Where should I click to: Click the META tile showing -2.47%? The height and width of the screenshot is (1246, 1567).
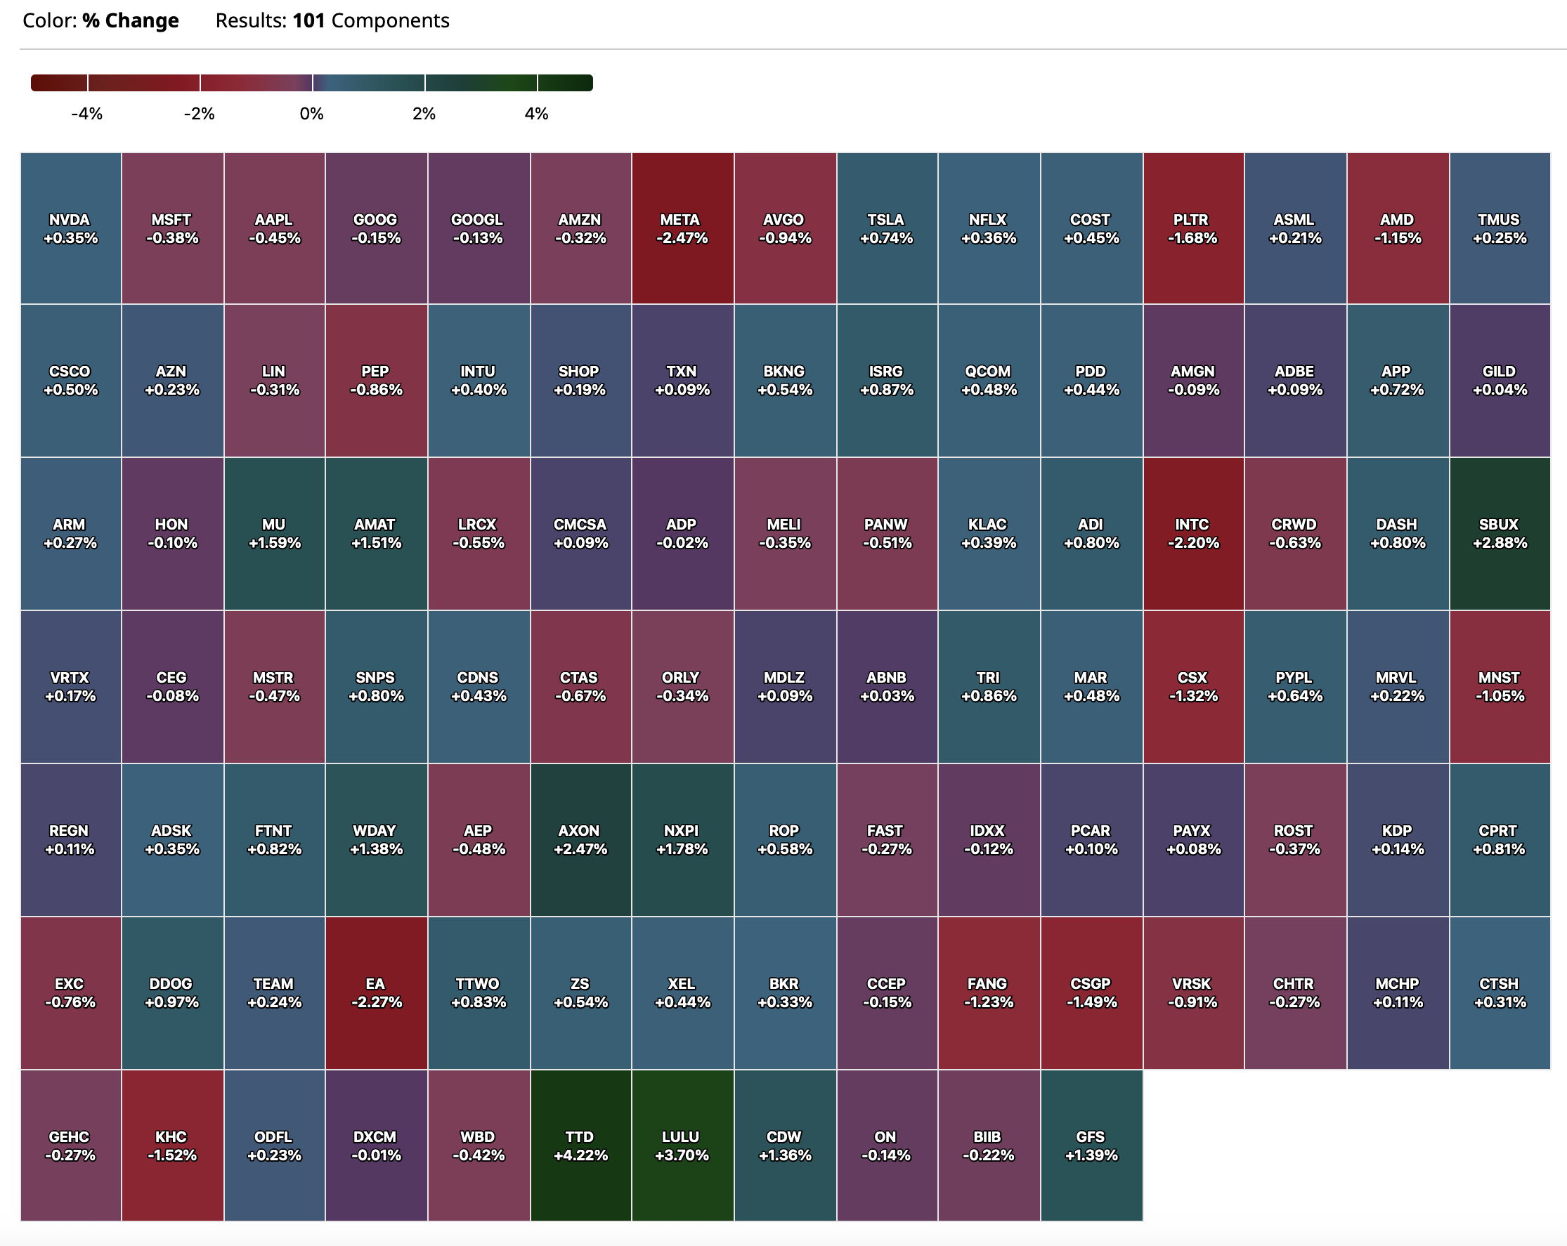(x=682, y=228)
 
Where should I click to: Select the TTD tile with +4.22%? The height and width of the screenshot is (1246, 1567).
(x=580, y=1145)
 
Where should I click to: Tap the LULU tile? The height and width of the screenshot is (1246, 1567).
(x=682, y=1145)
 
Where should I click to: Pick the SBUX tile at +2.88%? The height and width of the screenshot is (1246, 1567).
(x=1500, y=533)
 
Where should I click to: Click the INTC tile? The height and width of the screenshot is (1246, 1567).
(x=1192, y=533)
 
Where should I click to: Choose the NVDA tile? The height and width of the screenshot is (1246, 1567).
(x=70, y=228)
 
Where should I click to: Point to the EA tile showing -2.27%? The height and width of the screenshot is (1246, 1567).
(x=376, y=992)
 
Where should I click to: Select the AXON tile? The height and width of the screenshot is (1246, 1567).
(x=580, y=839)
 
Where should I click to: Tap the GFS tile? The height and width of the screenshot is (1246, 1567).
(x=1091, y=1145)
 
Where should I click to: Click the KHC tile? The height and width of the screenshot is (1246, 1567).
(x=172, y=1145)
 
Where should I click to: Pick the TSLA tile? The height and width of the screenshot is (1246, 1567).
(x=887, y=228)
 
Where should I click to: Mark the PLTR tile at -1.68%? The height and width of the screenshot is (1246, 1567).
(x=1192, y=228)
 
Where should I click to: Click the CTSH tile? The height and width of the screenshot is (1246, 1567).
(x=1500, y=992)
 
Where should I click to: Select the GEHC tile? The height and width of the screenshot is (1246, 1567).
(x=70, y=1145)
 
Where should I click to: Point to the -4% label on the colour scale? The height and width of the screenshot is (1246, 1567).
(x=86, y=114)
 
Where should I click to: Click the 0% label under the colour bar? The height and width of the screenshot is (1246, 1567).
(x=312, y=114)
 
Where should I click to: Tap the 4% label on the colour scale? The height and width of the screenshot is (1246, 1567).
(x=536, y=114)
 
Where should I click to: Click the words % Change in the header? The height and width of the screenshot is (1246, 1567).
(x=130, y=20)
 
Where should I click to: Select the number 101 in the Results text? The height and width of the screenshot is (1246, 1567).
(x=309, y=20)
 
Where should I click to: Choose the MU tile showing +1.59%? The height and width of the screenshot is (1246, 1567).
(x=274, y=533)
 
